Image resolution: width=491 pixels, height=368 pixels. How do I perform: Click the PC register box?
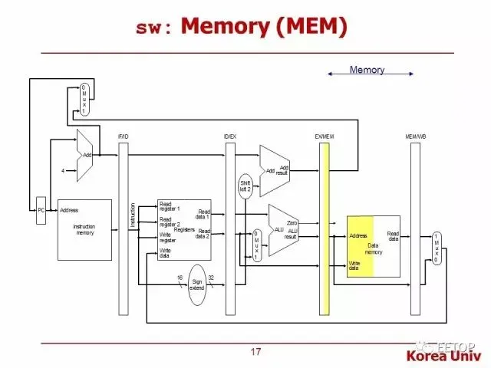[41, 210]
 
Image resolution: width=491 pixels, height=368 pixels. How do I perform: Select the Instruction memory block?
[84, 228]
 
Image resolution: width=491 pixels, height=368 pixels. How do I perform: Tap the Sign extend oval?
[197, 285]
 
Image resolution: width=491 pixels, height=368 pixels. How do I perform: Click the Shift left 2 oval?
[245, 187]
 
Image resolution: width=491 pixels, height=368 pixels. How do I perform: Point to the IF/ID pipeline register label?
[124, 136]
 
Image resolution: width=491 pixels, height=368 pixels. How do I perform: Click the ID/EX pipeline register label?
[229, 136]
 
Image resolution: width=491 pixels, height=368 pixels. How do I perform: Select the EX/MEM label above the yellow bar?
[325, 136]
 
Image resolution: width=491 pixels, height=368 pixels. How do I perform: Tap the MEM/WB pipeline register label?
[416, 136]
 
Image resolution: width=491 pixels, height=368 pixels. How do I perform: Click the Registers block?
[184, 229]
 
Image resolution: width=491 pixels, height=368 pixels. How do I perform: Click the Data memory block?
[374, 246]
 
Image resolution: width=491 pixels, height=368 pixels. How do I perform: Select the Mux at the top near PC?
[84, 100]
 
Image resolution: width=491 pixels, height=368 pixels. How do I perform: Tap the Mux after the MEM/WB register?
[437, 248]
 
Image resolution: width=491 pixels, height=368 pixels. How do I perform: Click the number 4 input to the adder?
[63, 171]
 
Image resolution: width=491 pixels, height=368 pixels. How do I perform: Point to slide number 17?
[255, 353]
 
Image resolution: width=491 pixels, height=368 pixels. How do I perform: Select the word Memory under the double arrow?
[367, 71]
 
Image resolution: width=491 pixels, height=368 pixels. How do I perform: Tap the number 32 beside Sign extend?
[211, 278]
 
